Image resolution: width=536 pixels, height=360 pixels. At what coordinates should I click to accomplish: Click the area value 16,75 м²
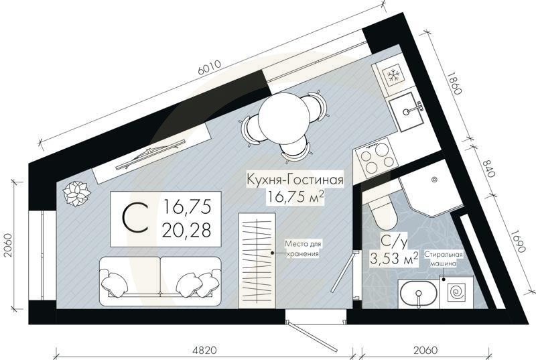[x=295, y=196]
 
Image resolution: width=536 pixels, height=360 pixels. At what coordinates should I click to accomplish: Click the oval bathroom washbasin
[x=417, y=294]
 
